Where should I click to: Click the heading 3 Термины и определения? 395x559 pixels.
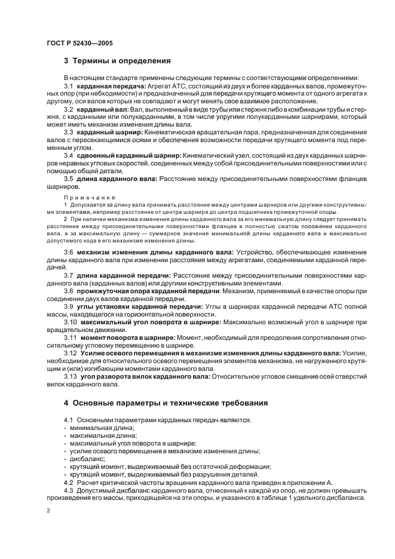tap(118, 61)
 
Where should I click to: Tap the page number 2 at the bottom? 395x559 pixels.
tap(48, 510)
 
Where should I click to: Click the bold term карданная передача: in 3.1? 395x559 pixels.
tap(107, 87)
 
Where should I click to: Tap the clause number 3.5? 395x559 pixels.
tap(69, 179)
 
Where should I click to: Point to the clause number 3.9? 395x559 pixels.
tap(69, 306)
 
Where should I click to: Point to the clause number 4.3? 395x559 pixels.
tap(69, 490)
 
